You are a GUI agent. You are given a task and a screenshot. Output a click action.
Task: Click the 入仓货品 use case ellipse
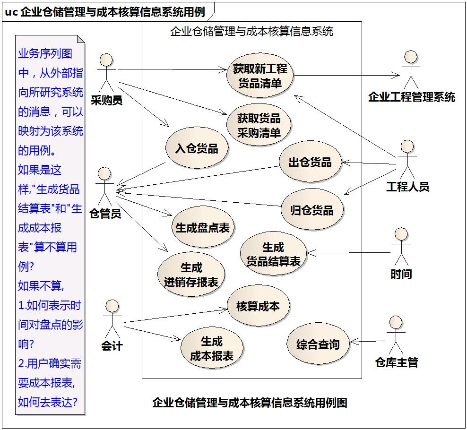coord(197,148)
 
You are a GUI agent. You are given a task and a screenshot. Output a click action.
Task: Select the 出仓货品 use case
coord(310,162)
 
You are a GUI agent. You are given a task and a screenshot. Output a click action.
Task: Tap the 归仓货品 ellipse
coord(312,210)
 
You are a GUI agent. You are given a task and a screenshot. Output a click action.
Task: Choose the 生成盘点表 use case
coord(202,227)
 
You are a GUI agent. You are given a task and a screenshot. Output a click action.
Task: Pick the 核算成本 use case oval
coord(258,306)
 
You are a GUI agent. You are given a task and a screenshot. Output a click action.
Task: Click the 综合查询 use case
coord(318,344)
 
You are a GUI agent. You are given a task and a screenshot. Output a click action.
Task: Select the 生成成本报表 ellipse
coord(212,348)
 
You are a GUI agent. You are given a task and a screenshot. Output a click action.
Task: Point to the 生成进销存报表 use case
coord(191,274)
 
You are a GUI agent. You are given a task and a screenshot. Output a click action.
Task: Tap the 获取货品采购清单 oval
coord(259,125)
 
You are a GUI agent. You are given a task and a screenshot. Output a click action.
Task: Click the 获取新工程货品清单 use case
coord(260,76)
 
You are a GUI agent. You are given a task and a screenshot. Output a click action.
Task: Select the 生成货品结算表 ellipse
coord(273,254)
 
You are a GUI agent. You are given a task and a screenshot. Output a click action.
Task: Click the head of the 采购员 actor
coord(106,60)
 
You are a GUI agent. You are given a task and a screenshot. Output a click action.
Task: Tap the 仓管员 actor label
coord(105,213)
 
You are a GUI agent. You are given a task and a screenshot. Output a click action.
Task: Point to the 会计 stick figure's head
coord(112,306)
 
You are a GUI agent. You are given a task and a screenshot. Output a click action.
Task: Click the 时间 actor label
coord(401,274)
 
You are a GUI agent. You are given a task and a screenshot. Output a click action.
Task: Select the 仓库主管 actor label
coord(397,362)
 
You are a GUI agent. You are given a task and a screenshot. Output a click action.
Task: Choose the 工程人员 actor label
coord(408,187)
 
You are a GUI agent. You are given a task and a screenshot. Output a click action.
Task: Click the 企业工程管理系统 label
coord(412,97)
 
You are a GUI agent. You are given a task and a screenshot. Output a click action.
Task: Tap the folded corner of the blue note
coord(81,39)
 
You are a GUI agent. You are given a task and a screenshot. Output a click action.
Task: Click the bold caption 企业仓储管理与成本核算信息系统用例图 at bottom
coord(250,403)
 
